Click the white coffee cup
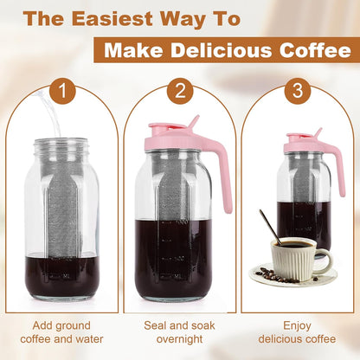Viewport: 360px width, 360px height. click(x=292, y=257)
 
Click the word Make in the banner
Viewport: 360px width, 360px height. click(x=138, y=51)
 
